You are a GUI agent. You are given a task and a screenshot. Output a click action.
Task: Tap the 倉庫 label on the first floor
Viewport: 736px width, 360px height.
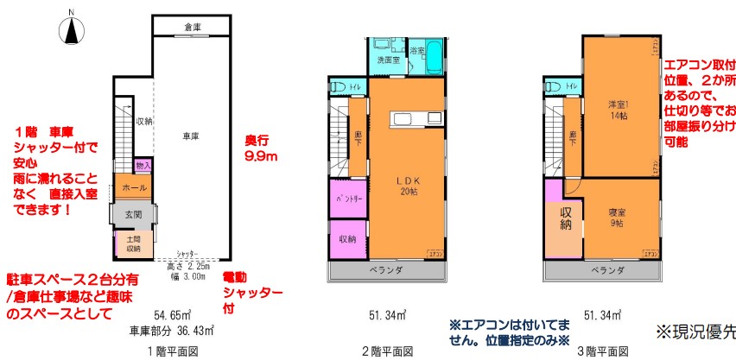(192, 28)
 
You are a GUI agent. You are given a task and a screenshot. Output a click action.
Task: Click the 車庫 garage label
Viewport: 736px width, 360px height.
(191, 136)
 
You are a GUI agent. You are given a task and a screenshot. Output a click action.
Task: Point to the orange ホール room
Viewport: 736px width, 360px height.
(133, 186)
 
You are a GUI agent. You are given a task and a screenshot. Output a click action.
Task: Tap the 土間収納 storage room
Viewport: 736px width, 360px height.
(134, 243)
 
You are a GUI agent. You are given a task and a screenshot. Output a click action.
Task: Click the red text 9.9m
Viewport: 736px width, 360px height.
(261, 156)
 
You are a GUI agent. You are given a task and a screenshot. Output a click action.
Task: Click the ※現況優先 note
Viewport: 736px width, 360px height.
(695, 331)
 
